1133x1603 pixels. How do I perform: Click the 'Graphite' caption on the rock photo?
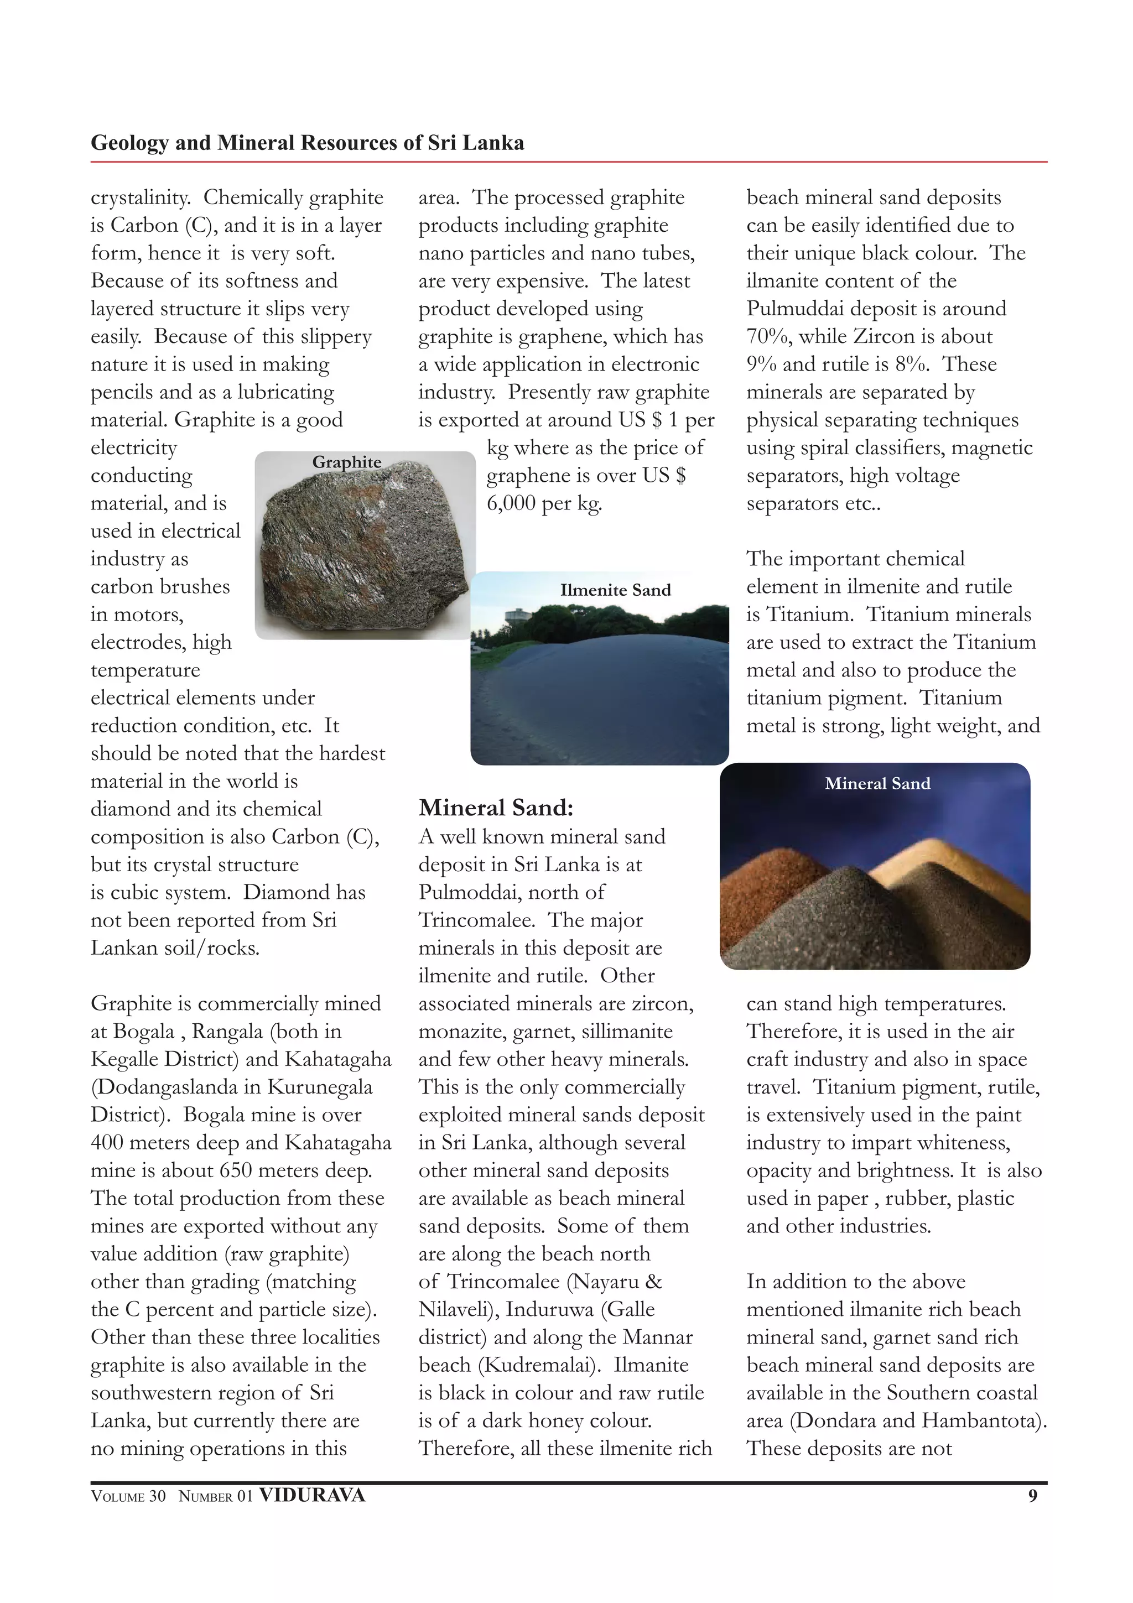click(346, 462)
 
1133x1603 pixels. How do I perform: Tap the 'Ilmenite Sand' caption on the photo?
click(615, 590)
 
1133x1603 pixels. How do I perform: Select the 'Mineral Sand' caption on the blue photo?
click(877, 783)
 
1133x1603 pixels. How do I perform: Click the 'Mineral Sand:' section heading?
click(496, 808)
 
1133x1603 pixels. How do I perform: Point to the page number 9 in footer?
click(1032, 1496)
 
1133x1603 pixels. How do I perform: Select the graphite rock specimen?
click(363, 551)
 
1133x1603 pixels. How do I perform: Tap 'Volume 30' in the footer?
click(128, 1496)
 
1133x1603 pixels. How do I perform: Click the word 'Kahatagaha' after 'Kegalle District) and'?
click(338, 1059)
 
